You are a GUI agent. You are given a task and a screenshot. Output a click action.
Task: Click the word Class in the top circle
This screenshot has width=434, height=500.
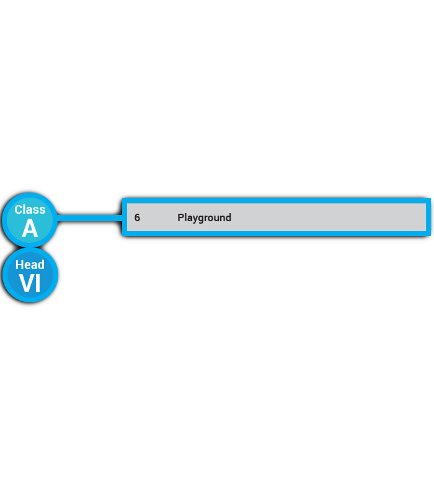click(x=30, y=209)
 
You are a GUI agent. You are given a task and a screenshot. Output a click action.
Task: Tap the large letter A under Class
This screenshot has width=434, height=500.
click(x=30, y=229)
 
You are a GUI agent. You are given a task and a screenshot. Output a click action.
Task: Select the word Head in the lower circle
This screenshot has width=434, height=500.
click(x=30, y=265)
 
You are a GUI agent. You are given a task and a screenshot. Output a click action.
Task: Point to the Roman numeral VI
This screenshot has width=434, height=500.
click(x=30, y=283)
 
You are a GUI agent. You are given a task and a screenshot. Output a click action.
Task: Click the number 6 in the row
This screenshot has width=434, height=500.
click(x=137, y=217)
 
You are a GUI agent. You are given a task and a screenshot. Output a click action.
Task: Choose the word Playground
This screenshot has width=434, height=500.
click(x=204, y=217)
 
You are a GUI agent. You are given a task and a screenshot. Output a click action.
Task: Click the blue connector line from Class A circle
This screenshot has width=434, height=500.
click(x=90, y=218)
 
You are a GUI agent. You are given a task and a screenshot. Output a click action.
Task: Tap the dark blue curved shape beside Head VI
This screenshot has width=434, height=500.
click(x=93, y=279)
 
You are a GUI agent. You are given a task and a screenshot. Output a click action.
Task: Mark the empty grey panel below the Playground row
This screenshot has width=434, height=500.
click(x=273, y=273)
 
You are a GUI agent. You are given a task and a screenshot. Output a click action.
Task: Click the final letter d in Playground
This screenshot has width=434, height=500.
click(x=228, y=217)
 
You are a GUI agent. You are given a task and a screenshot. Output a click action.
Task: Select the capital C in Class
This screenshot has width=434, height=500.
click(x=19, y=209)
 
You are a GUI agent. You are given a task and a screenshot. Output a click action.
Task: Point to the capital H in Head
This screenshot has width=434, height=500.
click(x=19, y=265)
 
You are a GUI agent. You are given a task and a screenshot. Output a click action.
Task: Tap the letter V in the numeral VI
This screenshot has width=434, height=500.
click(x=26, y=283)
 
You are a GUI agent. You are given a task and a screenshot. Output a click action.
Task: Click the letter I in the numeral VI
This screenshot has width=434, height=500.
click(x=37, y=283)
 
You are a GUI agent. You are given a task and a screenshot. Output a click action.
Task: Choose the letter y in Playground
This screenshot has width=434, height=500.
click(x=194, y=219)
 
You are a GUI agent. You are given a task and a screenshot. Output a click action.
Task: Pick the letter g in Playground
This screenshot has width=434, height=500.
click(x=201, y=219)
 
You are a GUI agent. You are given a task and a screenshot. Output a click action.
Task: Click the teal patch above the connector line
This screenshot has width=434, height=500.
click(x=84, y=201)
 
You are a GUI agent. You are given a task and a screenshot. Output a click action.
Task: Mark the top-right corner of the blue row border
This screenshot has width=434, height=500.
click(x=428, y=200)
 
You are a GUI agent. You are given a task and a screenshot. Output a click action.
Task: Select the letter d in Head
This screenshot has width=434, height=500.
click(x=41, y=265)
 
